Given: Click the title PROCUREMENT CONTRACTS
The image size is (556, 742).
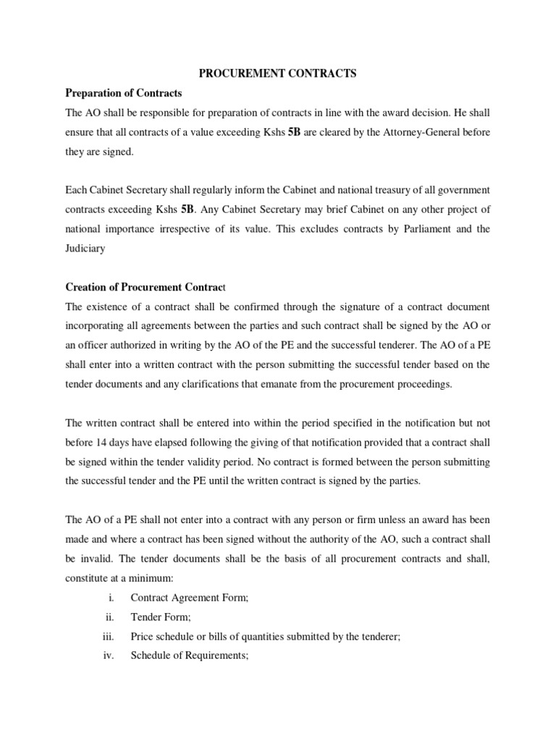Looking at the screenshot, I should (x=278, y=73).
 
